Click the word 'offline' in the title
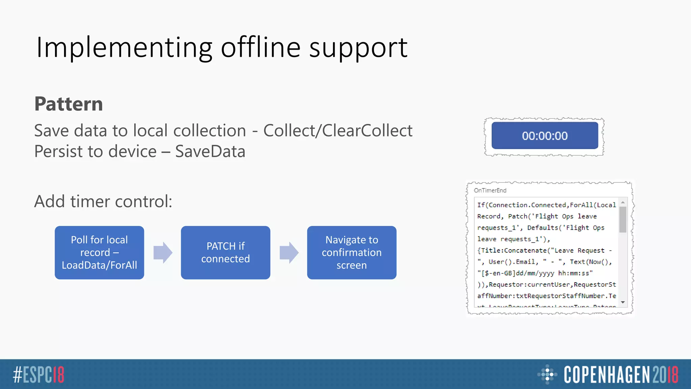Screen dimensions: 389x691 pos(260,47)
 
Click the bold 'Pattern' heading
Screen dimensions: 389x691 pos(68,104)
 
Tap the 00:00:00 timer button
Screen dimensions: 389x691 pos(545,136)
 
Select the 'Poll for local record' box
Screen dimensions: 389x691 pos(99,253)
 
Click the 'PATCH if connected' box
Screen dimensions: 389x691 pos(225,253)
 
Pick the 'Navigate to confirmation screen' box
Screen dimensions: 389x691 pos(352,253)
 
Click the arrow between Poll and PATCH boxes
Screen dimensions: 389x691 pos(163,253)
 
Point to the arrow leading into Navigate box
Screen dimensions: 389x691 pos(289,253)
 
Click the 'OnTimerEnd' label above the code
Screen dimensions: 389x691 pos(490,190)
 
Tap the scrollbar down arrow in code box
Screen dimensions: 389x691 pos(623,302)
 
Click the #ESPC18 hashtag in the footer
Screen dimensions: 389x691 pos(38,374)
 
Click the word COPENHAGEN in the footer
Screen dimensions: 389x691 pos(606,374)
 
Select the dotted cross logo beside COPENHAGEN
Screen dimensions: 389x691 pos(547,374)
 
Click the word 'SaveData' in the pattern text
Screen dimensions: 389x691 pos(210,151)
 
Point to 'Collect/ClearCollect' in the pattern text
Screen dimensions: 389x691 pos(338,131)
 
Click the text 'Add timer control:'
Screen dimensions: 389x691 pos(103,201)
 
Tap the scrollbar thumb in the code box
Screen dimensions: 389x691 pos(623,219)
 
